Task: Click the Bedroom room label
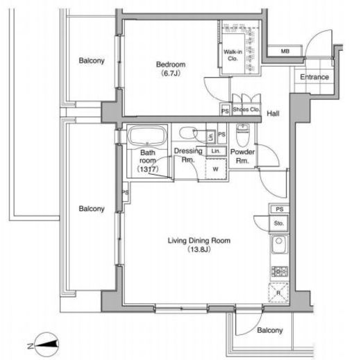171,65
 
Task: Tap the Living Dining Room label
199,241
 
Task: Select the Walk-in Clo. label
233,55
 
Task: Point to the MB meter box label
285,51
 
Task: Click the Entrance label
314,77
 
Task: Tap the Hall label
273,113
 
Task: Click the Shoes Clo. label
246,110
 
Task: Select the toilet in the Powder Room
242,135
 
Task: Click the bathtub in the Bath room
147,137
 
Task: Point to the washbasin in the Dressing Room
187,133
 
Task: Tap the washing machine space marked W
216,169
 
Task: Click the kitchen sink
279,245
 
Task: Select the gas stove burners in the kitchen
280,271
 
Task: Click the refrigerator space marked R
278,293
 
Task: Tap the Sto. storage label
278,223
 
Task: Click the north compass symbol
46,344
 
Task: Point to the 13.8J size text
199,249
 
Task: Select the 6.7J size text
171,74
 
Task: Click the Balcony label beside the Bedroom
92,60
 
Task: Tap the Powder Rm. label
242,156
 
